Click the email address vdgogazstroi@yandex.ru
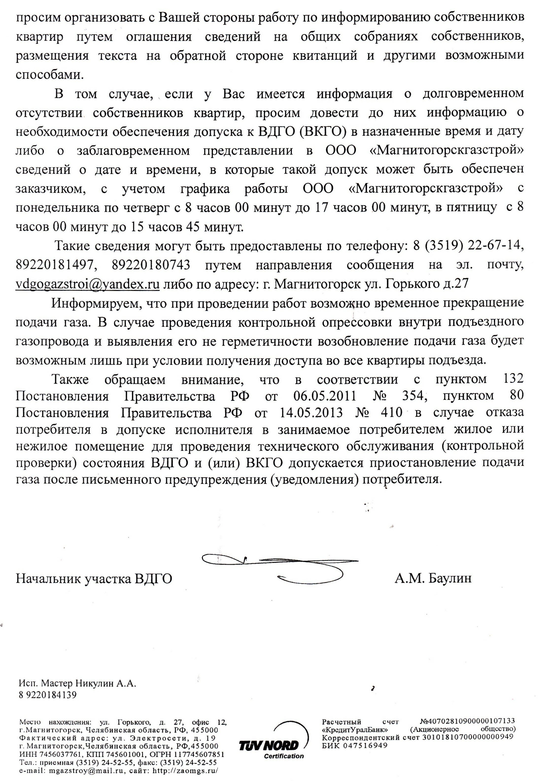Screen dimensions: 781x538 pyautogui.click(x=88, y=284)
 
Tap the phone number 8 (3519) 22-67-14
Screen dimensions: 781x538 pyautogui.click(x=468, y=246)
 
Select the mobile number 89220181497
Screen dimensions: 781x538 pyautogui.click(x=54, y=265)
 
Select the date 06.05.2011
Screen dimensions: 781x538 pyautogui.click(x=325, y=396)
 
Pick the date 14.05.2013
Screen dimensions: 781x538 pyautogui.click(x=311, y=413)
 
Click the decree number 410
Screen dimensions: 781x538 pyautogui.click(x=391, y=413)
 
